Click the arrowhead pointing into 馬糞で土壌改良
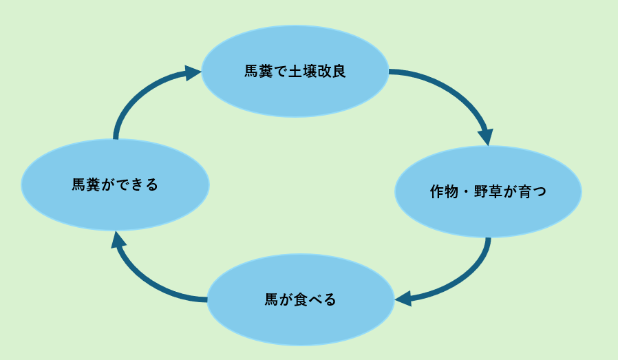click(192, 73)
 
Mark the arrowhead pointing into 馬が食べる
click(403, 298)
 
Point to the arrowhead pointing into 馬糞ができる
click(118, 240)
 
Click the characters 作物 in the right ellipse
click(443, 192)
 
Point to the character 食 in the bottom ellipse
click(301, 300)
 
